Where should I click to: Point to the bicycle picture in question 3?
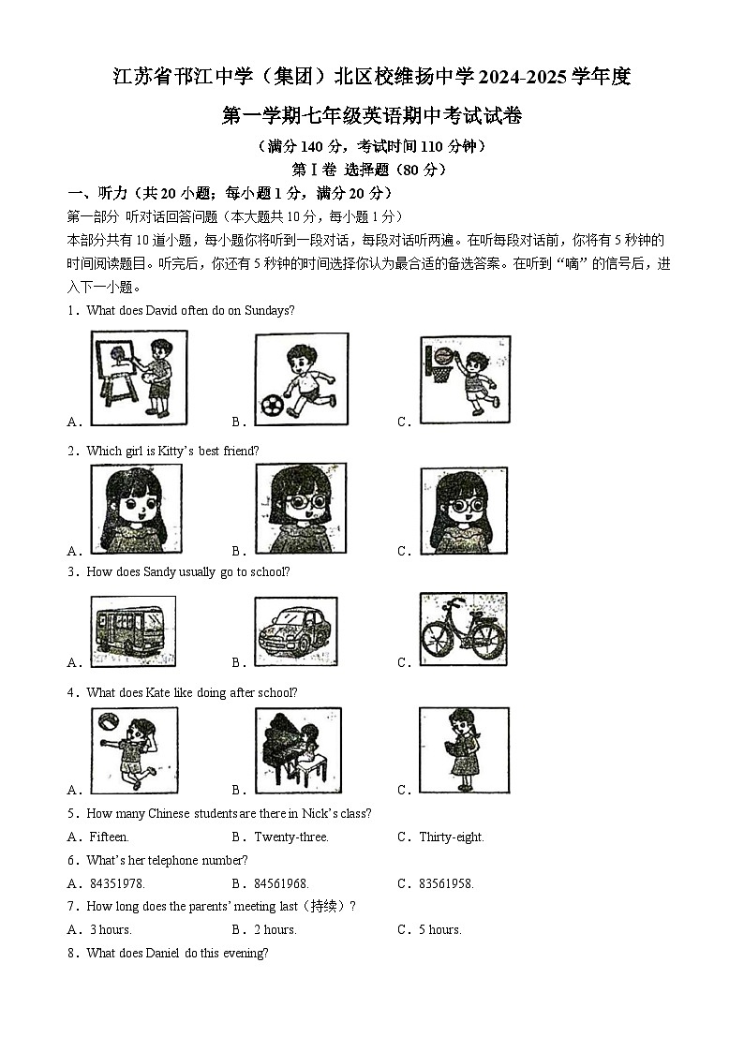463,630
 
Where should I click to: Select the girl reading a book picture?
464,750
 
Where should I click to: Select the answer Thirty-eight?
451,837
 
